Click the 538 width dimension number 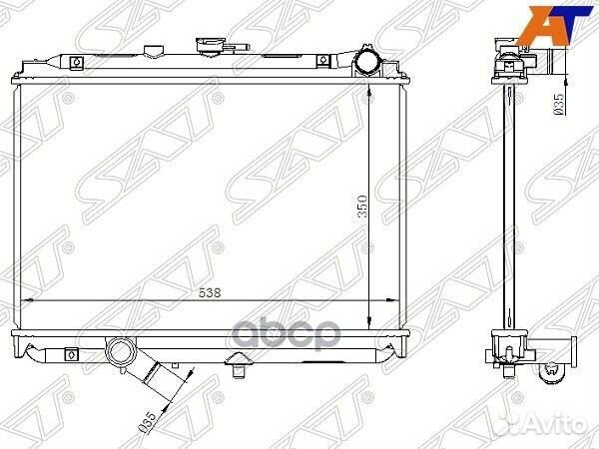tap(210, 292)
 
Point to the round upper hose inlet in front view tap(367, 63)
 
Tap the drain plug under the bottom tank tap(237, 363)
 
